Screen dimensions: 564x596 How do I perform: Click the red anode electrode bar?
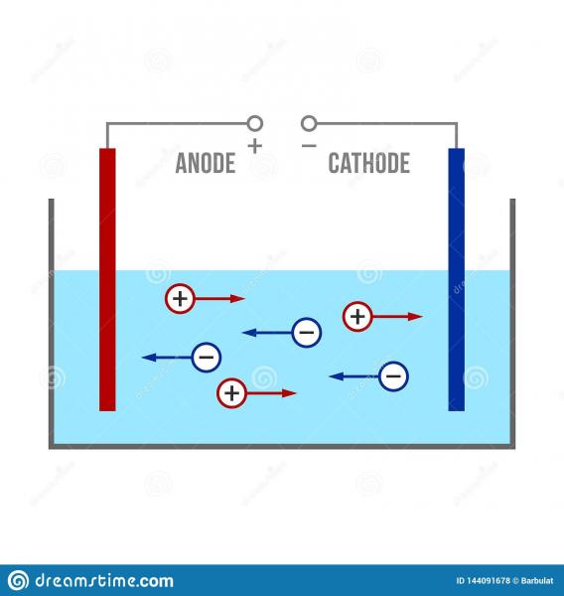point(107,279)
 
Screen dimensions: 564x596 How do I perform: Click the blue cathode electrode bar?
point(457,279)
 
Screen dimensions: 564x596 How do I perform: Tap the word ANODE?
point(206,163)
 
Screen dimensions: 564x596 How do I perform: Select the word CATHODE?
point(369,163)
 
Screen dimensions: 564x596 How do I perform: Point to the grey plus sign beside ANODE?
point(255,146)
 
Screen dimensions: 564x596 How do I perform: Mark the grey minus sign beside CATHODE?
point(309,146)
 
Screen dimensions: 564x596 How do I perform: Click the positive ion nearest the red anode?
point(180,299)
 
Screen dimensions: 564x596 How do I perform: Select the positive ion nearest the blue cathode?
point(357,317)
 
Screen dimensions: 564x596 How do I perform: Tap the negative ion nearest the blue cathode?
point(393,376)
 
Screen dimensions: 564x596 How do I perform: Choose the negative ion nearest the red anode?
point(206,358)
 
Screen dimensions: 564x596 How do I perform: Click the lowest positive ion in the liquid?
point(231,393)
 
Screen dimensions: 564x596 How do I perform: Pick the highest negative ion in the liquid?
point(306,333)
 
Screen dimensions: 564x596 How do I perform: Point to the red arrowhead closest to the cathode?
point(415,317)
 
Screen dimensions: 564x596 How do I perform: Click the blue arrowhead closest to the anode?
point(149,358)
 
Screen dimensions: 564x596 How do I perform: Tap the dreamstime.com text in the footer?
point(104,580)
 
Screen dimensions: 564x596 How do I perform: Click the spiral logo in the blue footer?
point(18,580)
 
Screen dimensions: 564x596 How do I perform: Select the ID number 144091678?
point(488,580)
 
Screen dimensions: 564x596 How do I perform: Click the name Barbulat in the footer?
point(537,580)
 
